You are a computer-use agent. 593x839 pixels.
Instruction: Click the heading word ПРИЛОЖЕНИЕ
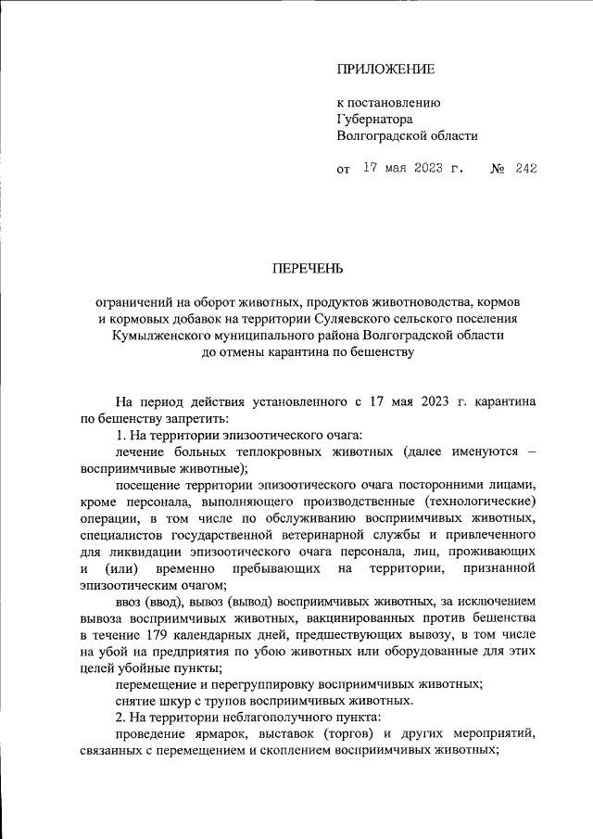point(385,70)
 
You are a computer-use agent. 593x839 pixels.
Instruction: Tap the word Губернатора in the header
point(374,119)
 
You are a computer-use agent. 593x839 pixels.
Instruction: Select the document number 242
point(526,169)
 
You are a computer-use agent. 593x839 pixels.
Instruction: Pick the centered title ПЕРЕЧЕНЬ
point(307,269)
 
